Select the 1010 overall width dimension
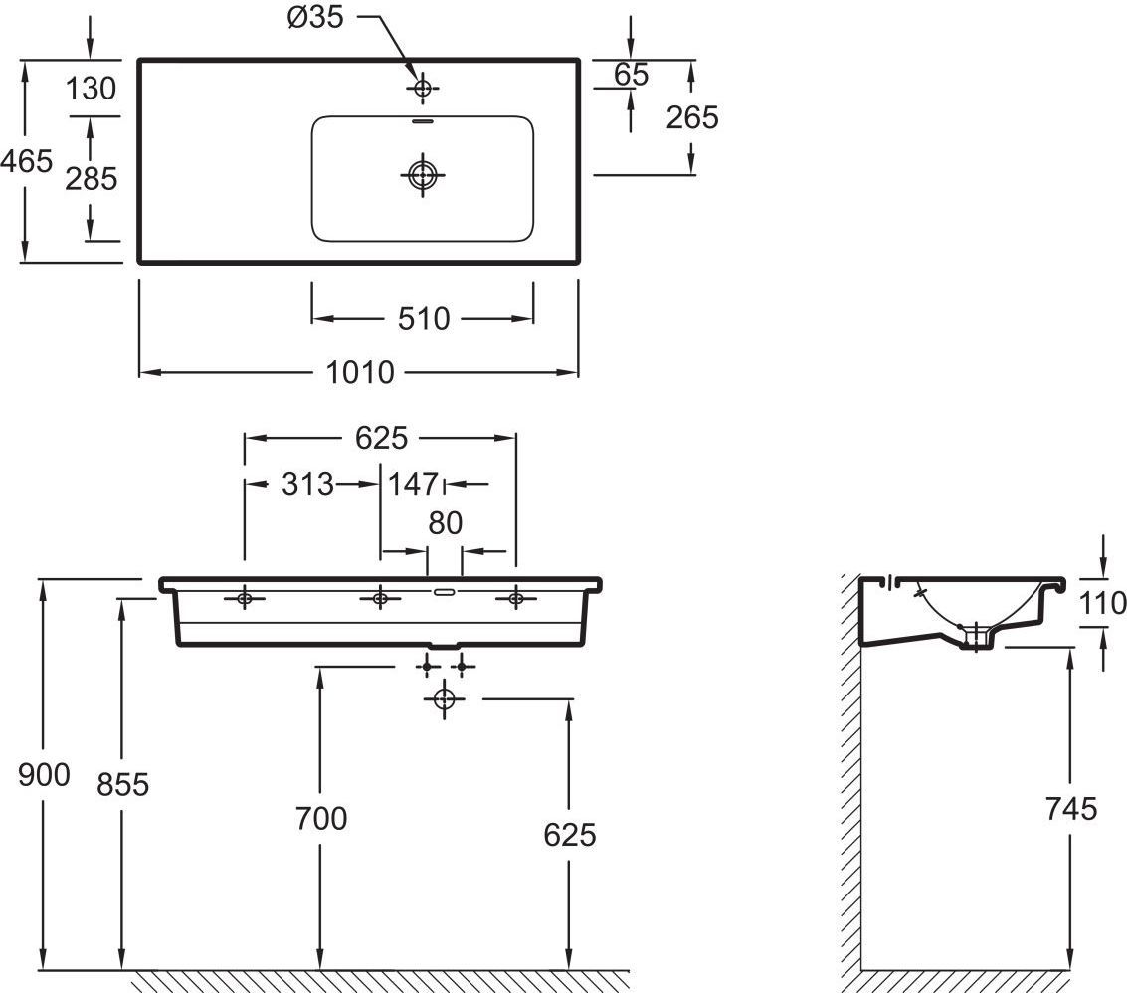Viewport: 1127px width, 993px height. (360, 372)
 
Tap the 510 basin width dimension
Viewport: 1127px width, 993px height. (423, 319)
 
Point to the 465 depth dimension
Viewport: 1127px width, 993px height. (26, 160)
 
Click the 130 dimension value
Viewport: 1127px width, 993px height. (92, 89)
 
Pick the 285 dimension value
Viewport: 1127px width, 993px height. (92, 179)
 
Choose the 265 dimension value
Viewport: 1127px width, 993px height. (692, 117)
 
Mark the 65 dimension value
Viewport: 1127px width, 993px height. (632, 74)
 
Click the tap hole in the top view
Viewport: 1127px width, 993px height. (423, 89)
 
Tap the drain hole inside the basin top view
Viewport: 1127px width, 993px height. (423, 176)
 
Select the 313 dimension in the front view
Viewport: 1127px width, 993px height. (306, 485)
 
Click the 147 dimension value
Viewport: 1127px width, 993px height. (413, 485)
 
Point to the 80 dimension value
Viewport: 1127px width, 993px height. (445, 523)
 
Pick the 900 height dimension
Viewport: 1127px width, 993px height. (45, 774)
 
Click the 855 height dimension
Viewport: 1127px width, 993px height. (123, 784)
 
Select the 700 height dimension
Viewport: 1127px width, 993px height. (321, 818)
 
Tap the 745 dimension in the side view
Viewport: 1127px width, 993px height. (1070, 808)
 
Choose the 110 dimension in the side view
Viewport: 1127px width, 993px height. (1103, 602)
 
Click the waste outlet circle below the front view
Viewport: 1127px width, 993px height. (445, 699)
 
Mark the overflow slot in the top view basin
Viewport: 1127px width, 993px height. (423, 123)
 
